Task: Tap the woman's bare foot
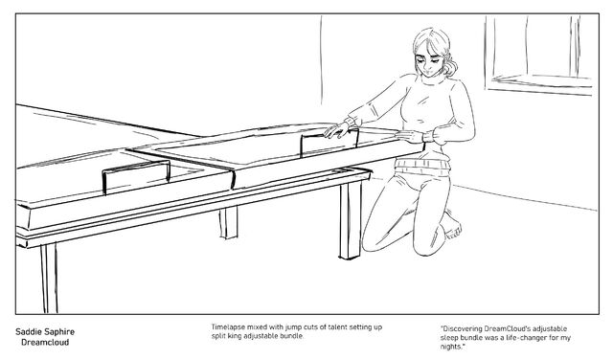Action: pos(453,226)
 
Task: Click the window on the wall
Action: pos(538,54)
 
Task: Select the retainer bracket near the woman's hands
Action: pos(329,142)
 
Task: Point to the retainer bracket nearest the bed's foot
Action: pos(136,175)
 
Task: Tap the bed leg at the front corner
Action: pos(49,278)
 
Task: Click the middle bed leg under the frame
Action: pos(228,222)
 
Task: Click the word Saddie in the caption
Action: pos(29,332)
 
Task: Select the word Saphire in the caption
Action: pos(59,332)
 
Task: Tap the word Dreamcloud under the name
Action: pos(45,343)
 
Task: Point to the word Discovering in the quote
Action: pos(462,328)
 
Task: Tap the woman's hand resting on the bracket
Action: pos(336,129)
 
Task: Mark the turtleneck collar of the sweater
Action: pos(432,79)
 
